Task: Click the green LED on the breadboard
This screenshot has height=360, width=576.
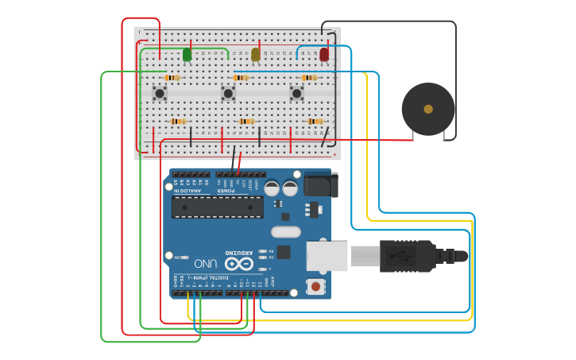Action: pyautogui.click(x=187, y=54)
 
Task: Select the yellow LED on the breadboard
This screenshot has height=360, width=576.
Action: pyautogui.click(x=256, y=54)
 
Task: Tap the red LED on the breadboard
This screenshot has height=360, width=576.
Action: pyautogui.click(x=324, y=54)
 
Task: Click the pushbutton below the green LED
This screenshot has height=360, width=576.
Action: pyautogui.click(x=160, y=94)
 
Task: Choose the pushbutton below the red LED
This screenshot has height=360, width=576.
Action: pyautogui.click(x=296, y=94)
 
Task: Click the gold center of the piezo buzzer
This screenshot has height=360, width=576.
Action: pyautogui.click(x=428, y=109)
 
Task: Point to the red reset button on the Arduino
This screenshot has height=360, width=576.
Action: pyautogui.click(x=315, y=286)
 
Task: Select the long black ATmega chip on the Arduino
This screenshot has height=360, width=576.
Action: pyautogui.click(x=218, y=207)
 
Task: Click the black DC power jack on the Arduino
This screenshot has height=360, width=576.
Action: pyautogui.click(x=320, y=184)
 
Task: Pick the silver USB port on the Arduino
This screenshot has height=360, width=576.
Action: pyautogui.click(x=327, y=256)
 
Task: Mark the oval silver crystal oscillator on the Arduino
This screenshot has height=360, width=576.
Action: pyautogui.click(x=285, y=232)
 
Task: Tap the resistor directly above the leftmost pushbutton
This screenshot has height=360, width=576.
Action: pyautogui.click(x=173, y=78)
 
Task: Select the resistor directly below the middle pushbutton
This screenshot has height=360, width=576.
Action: pyautogui.click(x=247, y=121)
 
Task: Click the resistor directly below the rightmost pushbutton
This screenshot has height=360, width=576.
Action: pyautogui.click(x=315, y=121)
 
